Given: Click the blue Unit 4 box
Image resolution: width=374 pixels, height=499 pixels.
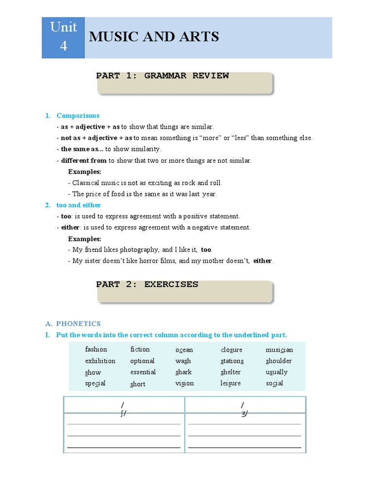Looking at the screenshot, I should tap(63, 38).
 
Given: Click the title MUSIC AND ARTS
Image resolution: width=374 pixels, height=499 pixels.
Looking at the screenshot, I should tap(153, 37).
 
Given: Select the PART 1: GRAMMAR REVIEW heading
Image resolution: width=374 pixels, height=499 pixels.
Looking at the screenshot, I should tap(162, 76).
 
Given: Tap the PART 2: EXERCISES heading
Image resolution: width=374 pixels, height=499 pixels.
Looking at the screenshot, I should tap(147, 285).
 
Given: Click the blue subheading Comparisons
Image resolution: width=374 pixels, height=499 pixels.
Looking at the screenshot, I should tap(78, 115).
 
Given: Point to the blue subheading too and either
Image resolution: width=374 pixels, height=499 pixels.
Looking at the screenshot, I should tap(79, 205).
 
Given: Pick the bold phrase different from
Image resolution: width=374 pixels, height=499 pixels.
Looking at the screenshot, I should tap(84, 160).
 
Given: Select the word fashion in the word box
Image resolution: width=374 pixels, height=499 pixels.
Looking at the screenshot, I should tap(96, 349).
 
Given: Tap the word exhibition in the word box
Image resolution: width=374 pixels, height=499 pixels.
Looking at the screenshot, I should tap(100, 361).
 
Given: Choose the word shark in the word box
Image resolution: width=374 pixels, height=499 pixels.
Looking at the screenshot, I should tap(184, 372).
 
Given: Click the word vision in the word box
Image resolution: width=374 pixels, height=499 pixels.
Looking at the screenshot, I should tap(185, 384).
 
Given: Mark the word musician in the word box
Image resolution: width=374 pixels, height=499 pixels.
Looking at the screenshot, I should tap(280, 350).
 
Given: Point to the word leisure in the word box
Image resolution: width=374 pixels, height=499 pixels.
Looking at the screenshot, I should tap(230, 384).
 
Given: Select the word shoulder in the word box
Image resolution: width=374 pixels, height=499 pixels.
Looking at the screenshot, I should tap(279, 361).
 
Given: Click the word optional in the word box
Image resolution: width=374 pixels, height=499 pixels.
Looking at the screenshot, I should tap(142, 361).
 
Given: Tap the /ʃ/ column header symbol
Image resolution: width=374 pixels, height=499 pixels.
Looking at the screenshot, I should tap(124, 409).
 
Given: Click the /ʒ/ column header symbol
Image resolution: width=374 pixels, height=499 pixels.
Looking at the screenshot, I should tap(244, 409).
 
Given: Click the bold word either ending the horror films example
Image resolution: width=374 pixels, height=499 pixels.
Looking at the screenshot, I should tap(262, 261).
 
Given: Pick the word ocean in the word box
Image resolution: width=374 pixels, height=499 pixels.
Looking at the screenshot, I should tap(184, 350).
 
